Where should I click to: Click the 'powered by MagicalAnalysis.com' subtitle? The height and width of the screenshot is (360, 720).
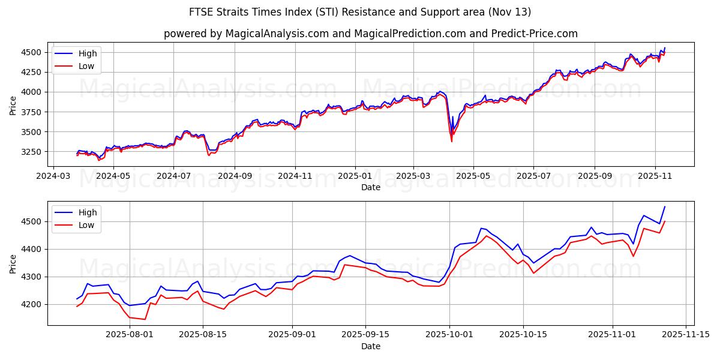click(x=370, y=34)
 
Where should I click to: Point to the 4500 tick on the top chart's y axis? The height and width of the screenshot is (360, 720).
click(x=34, y=52)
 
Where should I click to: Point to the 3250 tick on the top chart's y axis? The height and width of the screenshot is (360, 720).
click(x=34, y=152)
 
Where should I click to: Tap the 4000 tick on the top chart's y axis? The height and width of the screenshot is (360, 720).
click(x=34, y=92)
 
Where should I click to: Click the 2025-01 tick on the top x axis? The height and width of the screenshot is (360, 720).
click(x=355, y=176)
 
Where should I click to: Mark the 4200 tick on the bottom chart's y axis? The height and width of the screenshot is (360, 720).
click(x=34, y=304)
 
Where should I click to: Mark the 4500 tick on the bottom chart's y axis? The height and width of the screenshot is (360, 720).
click(x=34, y=221)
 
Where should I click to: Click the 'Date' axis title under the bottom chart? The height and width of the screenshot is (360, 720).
click(x=370, y=346)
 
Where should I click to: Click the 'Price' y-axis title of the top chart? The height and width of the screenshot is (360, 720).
click(x=13, y=105)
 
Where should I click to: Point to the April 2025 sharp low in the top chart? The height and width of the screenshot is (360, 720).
click(x=451, y=141)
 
